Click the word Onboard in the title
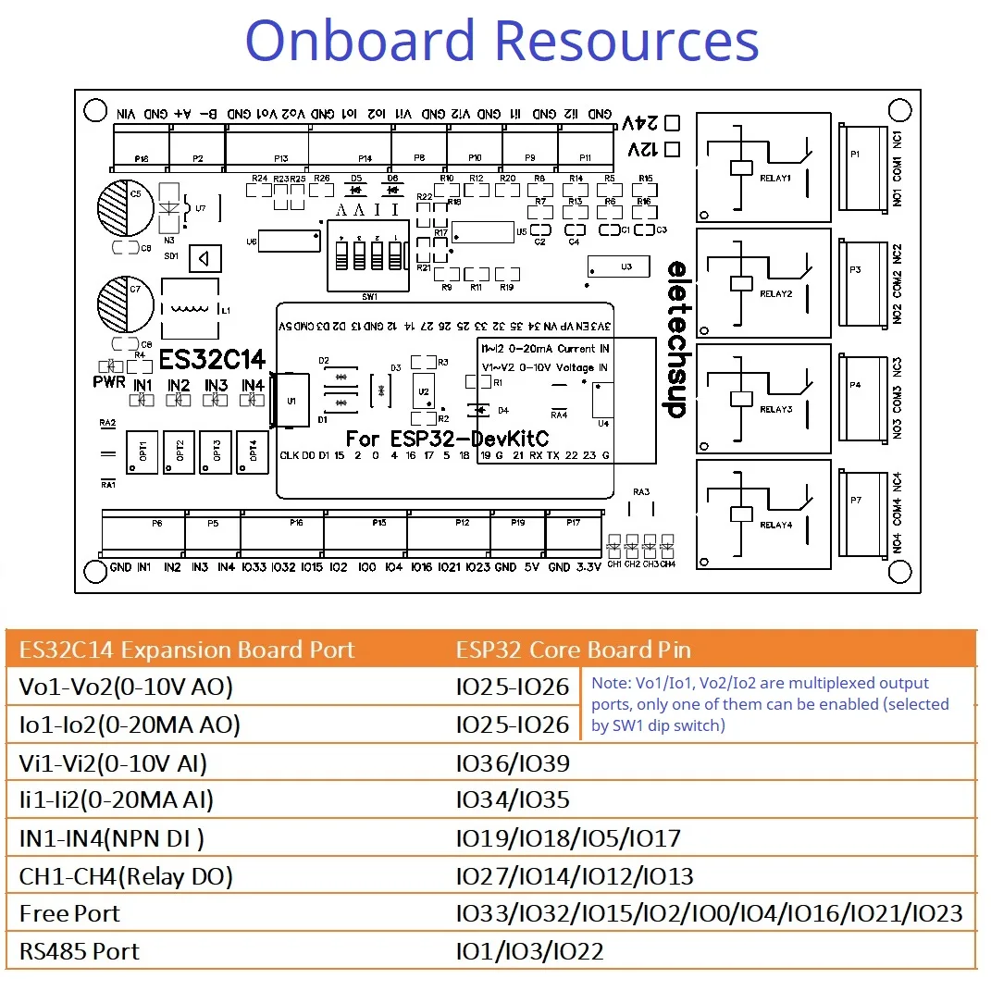(x=362, y=42)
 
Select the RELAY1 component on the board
(x=757, y=167)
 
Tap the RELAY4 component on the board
(x=757, y=514)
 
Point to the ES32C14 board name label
(x=212, y=359)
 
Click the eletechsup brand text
(x=677, y=338)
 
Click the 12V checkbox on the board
(x=673, y=148)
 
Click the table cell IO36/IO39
(x=513, y=763)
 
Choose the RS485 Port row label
(x=80, y=951)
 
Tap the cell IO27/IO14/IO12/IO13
(x=575, y=876)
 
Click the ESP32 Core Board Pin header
(x=573, y=650)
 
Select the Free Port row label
(x=69, y=914)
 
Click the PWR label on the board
(x=109, y=382)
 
